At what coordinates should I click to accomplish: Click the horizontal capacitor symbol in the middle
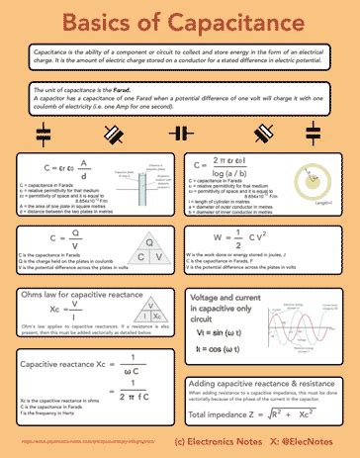(x=180, y=132)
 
